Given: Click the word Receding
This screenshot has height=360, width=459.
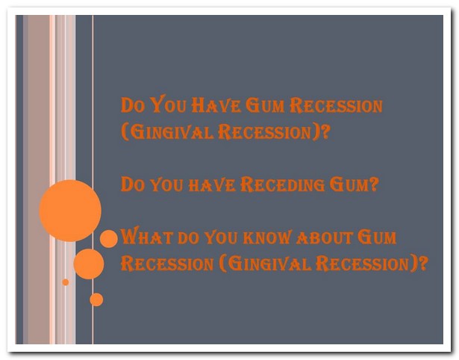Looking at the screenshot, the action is pyautogui.click(x=282, y=184).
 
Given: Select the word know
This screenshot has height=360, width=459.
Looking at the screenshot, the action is pyautogui.click(x=267, y=237).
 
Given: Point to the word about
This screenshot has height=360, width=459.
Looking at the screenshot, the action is pyautogui.click(x=324, y=238).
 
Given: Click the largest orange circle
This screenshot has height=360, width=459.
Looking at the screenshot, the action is pyautogui.click(x=70, y=211).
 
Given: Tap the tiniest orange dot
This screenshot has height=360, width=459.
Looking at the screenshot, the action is pyautogui.click(x=66, y=282).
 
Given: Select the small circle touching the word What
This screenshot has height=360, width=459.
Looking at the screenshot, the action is pyautogui.click(x=109, y=239).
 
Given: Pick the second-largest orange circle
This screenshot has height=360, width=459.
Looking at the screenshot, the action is pyautogui.click(x=88, y=264).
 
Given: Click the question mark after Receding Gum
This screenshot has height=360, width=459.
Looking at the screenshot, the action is pyautogui.click(x=374, y=184).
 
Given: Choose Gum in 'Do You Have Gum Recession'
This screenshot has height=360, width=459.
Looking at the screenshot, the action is pyautogui.click(x=265, y=105).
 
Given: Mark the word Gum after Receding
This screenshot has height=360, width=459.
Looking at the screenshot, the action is pyautogui.click(x=349, y=184).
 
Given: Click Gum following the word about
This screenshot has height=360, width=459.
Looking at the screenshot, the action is pyautogui.click(x=377, y=237).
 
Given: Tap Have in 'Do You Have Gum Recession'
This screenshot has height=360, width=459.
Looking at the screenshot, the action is pyautogui.click(x=216, y=105).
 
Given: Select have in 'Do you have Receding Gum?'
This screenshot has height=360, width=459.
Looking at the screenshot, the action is pyautogui.click(x=212, y=185).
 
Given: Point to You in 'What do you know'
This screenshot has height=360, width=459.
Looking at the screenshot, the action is pyautogui.click(x=221, y=237).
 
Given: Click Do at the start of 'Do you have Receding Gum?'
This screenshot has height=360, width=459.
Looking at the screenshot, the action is pyautogui.click(x=133, y=184).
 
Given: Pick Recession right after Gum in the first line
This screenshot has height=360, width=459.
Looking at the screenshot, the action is pyautogui.click(x=336, y=105).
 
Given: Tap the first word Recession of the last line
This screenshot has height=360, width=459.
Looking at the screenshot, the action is pyautogui.click(x=167, y=264).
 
